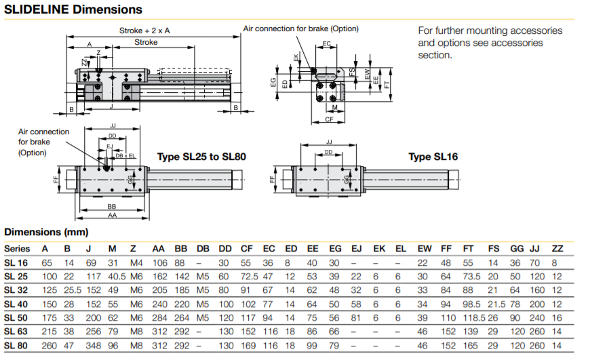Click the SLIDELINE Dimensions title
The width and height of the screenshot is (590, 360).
point(73,9)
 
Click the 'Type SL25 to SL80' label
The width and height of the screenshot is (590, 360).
point(201,157)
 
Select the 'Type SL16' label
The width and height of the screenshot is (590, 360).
point(433,157)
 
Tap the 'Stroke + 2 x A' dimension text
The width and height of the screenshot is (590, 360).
point(144,31)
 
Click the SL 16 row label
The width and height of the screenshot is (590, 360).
point(17,262)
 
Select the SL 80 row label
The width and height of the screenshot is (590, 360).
point(17,345)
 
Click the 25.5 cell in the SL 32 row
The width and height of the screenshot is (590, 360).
point(70,290)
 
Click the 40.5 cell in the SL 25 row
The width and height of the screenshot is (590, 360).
point(116,277)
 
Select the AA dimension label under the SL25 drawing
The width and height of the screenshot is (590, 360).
point(111,215)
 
